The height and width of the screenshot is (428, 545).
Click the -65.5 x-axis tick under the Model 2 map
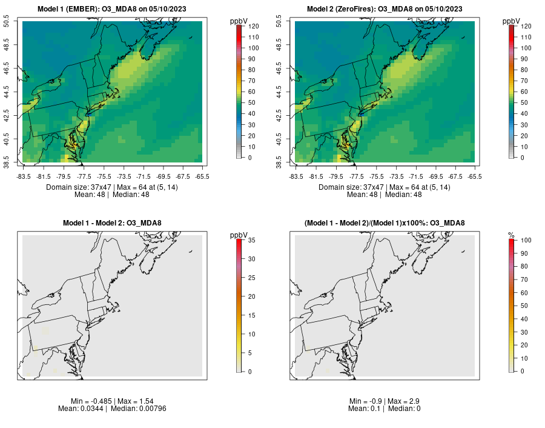pyautogui.click(x=475, y=176)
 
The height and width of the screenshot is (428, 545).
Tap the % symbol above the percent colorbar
pyautogui.click(x=511, y=235)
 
